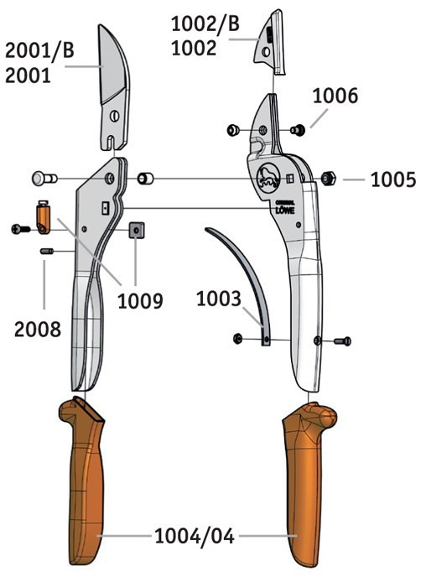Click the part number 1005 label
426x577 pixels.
point(393,180)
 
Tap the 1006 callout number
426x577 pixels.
point(335,96)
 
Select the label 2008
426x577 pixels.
point(38,330)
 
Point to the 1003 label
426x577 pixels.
point(219,299)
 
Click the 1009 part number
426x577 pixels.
point(140,300)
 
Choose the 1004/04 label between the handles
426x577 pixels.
point(195,536)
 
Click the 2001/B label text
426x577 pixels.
point(39,50)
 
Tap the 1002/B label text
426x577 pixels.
point(205,24)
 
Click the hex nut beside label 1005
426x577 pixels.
point(328,178)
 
